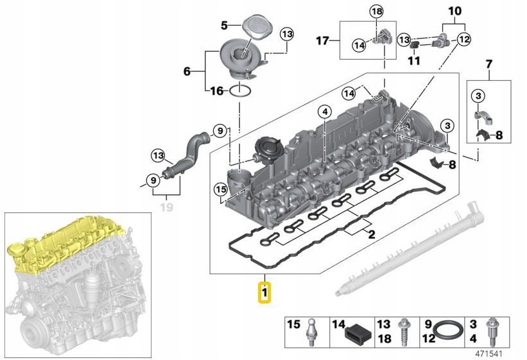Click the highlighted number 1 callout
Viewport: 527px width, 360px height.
coord(264,294)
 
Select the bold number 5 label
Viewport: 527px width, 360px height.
coord(225,25)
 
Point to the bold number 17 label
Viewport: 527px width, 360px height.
coord(322,41)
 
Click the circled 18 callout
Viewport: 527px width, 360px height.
coord(376,12)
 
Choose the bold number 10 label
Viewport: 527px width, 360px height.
coord(454,11)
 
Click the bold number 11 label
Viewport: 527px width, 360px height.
coord(413,61)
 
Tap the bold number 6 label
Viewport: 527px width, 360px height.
coord(187,71)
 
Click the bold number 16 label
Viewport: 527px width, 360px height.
coord(217,91)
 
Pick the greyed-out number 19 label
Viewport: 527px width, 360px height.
coord(166,207)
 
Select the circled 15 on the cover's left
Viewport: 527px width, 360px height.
coord(221,189)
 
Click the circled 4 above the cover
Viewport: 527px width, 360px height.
coord(325,112)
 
